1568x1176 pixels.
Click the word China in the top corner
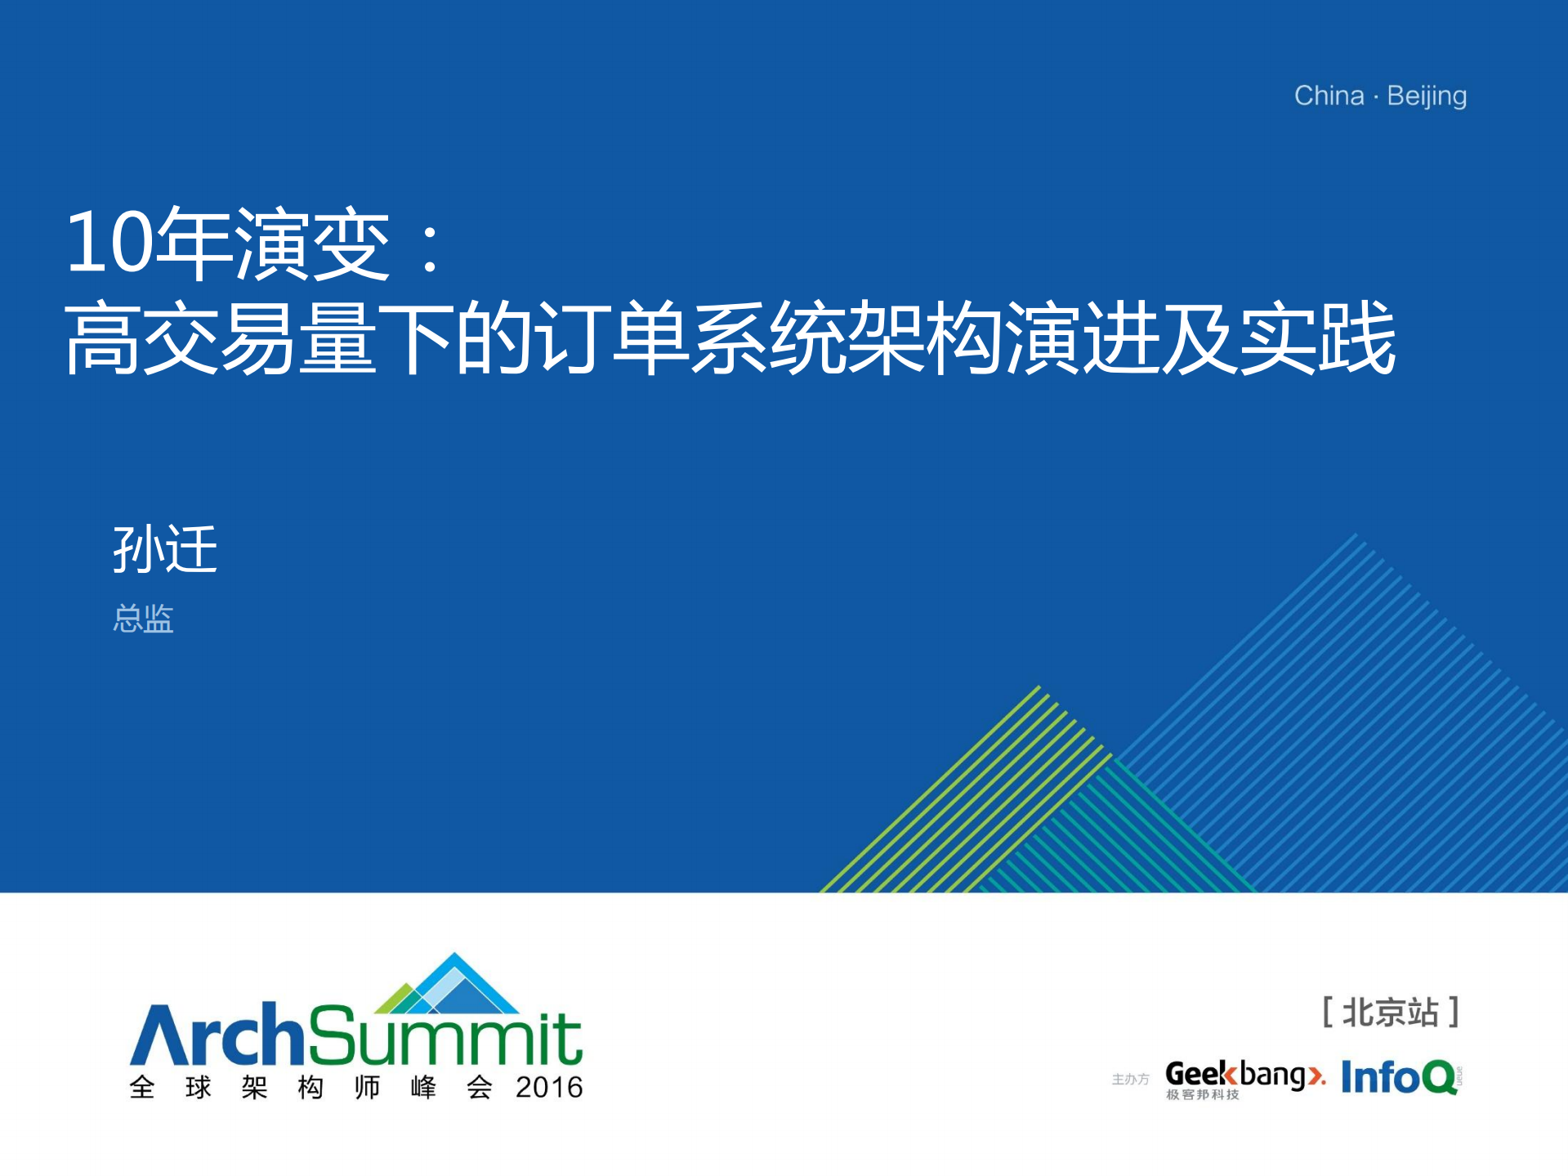click(x=1329, y=96)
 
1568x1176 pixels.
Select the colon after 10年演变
click(x=430, y=245)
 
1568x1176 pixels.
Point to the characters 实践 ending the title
click(x=1318, y=338)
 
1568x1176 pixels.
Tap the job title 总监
click(x=143, y=619)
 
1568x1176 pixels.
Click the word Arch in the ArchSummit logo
click(x=218, y=1035)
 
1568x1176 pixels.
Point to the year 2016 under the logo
click(x=549, y=1088)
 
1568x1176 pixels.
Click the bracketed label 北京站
click(x=1391, y=1013)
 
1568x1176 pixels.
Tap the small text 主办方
click(x=1130, y=1080)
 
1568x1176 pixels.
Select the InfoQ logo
click(x=1400, y=1077)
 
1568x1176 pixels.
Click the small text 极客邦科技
click(x=1203, y=1095)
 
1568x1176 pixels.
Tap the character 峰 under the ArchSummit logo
click(x=423, y=1088)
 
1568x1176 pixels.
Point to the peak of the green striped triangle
click(x=1039, y=686)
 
